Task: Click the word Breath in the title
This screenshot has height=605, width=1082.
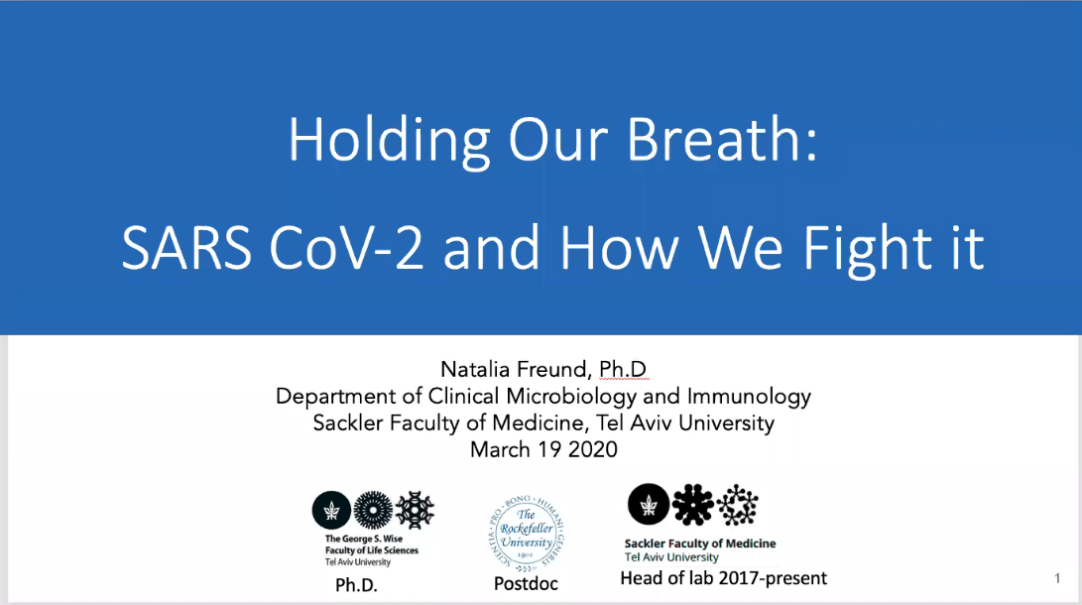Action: point(722,139)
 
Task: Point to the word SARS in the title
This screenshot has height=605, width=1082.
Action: point(186,248)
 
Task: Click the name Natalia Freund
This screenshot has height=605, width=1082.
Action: point(514,369)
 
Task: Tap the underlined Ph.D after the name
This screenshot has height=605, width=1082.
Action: point(623,369)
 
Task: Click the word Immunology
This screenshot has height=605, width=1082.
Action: point(749,397)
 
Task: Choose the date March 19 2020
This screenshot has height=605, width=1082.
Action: point(543,450)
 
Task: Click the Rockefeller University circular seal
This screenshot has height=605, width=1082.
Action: point(527,533)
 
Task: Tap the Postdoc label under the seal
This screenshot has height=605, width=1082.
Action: point(526,583)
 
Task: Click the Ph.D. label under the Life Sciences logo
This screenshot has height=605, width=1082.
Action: point(356,585)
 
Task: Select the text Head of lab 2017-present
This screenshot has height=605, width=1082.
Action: point(723,578)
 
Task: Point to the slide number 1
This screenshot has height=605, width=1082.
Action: point(1057,578)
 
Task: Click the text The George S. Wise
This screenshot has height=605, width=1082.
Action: point(364,539)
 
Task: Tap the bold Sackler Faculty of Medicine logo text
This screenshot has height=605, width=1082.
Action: point(700,544)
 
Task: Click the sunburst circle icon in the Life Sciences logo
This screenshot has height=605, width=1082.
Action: point(373,510)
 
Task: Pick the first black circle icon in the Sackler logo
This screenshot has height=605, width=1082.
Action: point(648,504)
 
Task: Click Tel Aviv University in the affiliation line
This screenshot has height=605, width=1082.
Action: point(684,423)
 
